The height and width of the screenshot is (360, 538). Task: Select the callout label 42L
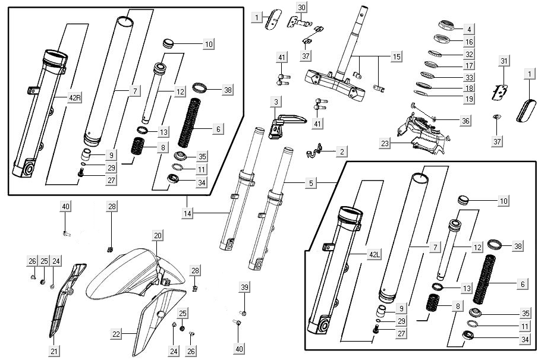point(373,255)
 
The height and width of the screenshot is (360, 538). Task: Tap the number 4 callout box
point(469,29)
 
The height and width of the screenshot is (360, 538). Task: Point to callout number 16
point(469,42)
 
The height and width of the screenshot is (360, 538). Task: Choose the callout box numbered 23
point(385,143)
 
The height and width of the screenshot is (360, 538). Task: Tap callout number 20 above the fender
point(157,236)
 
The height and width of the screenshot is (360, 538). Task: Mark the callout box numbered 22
point(116,334)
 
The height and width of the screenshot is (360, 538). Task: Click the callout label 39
point(244,288)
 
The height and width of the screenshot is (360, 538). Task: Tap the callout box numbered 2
point(342,151)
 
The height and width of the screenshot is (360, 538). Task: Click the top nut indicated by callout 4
point(446,26)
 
